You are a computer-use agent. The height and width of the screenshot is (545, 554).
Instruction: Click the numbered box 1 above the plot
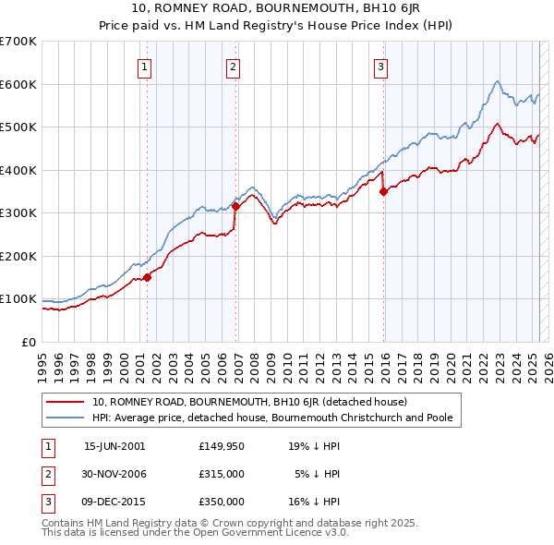click(146, 66)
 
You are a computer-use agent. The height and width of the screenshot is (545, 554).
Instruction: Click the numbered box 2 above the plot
click(234, 66)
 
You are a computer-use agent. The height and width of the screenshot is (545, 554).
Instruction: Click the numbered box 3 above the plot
click(380, 66)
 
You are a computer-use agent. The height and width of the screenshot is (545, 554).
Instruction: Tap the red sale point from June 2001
click(147, 277)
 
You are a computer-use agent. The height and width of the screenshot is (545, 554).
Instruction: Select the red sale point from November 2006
click(235, 206)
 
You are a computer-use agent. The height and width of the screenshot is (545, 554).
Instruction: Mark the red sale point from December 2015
click(383, 192)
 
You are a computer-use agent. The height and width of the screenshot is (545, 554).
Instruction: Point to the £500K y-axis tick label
click(18, 127)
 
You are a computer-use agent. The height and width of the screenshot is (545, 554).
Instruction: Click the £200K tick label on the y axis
click(18, 256)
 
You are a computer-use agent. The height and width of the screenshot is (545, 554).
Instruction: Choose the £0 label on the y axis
click(28, 342)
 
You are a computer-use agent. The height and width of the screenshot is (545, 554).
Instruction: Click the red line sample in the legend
click(65, 402)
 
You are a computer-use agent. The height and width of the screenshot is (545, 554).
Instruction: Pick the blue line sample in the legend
click(65, 418)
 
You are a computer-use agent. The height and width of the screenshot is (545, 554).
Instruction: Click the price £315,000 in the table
click(221, 474)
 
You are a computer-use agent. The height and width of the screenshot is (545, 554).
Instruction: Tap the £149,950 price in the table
click(221, 446)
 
